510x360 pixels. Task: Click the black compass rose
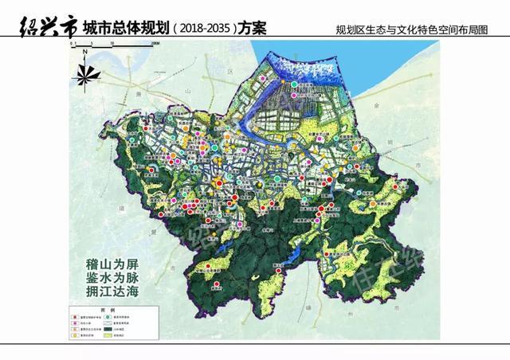85,76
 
